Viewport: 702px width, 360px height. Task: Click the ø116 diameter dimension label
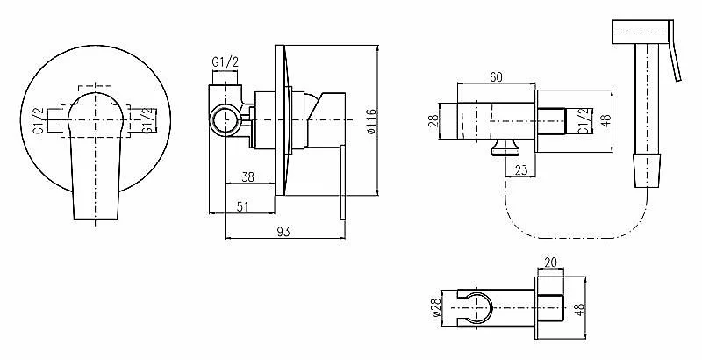(x=371, y=121)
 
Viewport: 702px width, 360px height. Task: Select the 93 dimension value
(x=283, y=231)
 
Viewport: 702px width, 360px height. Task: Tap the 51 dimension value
(x=242, y=206)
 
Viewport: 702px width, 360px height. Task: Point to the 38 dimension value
(x=247, y=177)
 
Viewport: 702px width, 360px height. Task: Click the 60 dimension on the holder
(x=496, y=77)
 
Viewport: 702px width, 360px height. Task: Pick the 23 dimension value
(x=521, y=170)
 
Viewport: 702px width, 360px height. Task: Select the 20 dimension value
(x=551, y=263)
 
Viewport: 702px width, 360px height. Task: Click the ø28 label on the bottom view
(x=437, y=308)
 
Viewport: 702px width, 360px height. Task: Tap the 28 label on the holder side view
(x=433, y=121)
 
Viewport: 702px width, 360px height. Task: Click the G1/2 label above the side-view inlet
(x=226, y=62)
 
